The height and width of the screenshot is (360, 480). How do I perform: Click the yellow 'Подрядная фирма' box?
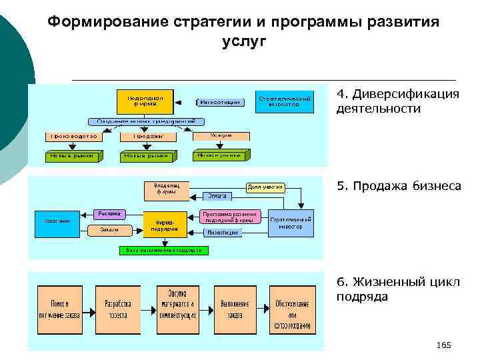coord(145,101)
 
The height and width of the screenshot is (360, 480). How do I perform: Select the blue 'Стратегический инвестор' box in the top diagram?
coord(284,101)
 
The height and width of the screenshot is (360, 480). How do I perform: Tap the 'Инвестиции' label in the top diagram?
coord(219,102)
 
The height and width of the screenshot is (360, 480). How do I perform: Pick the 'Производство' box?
coord(72,135)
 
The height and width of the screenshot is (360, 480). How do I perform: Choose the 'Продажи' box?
coord(147,135)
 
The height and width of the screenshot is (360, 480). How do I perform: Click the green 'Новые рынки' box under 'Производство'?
coord(72,156)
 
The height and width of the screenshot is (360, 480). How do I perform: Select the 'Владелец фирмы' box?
coord(167,189)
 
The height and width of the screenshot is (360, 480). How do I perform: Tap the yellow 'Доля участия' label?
coord(266,187)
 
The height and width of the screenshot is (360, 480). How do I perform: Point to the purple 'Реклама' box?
coord(109,213)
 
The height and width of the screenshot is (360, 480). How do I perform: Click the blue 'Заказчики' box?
coord(57,222)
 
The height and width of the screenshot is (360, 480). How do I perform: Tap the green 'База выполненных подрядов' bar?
coord(164,250)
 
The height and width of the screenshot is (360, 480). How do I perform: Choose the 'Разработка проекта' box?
coord(118,309)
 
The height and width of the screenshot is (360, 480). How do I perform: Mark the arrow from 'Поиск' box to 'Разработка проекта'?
coord(87,309)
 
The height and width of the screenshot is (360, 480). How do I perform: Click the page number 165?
coord(443,345)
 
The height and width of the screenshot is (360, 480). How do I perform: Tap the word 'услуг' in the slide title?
coord(243,41)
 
